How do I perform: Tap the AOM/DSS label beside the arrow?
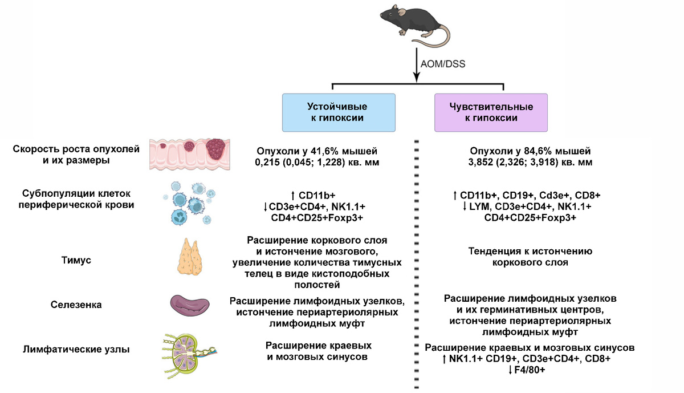(x=442, y=64)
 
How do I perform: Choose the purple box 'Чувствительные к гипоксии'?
(x=491, y=112)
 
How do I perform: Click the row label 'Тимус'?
(x=76, y=260)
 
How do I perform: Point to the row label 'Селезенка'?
(x=76, y=305)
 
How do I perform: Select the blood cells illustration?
(x=188, y=203)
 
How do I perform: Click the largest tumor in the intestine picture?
(x=216, y=151)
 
